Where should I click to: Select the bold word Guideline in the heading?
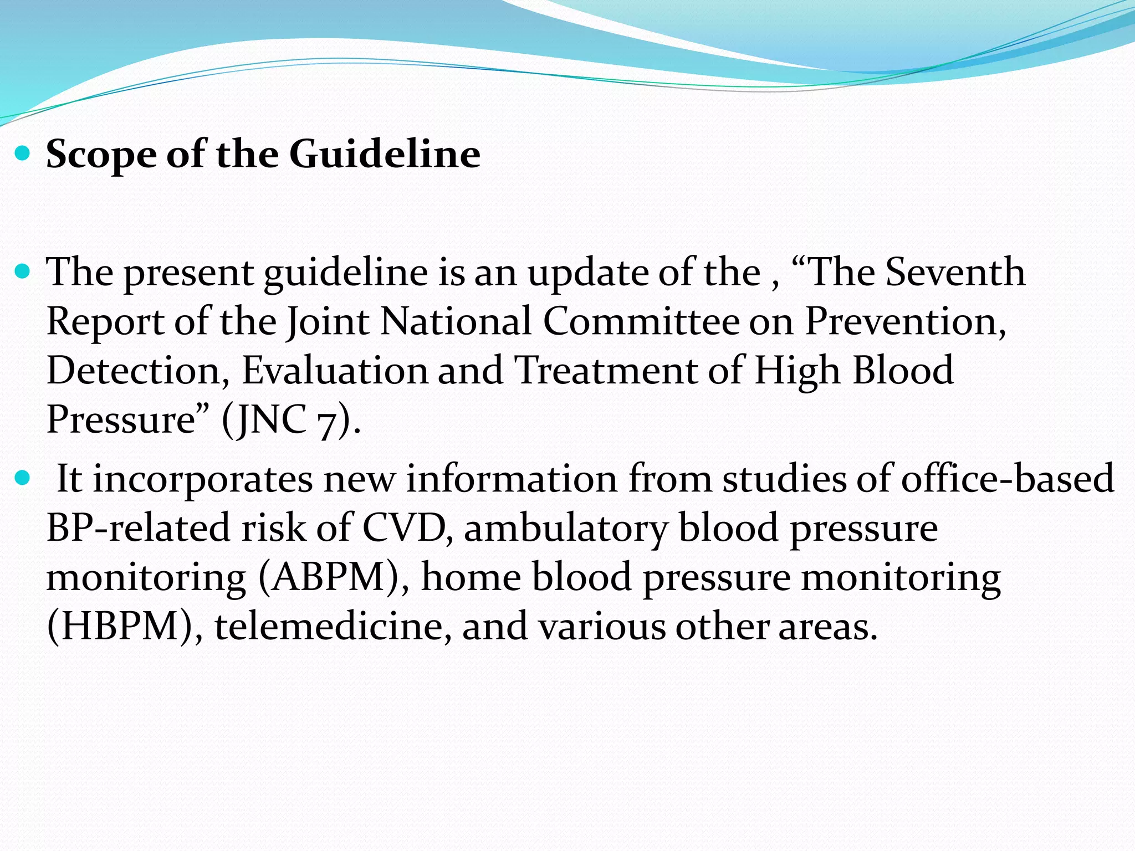[385, 153]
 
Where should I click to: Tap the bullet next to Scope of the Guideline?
[23, 153]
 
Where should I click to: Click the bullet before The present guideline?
[23, 272]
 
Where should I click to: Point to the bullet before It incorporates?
[23, 478]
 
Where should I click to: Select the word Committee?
[641, 321]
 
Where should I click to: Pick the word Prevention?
[904, 321]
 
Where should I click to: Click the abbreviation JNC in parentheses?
[270, 419]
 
